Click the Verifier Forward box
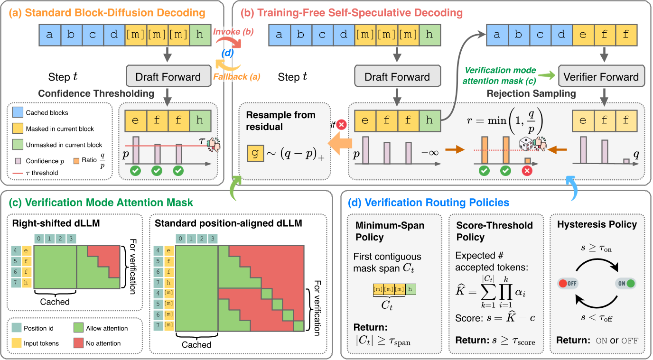[601, 77]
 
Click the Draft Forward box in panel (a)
[168, 77]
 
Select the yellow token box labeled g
[254, 155]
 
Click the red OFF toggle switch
[568, 284]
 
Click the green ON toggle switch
[625, 284]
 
